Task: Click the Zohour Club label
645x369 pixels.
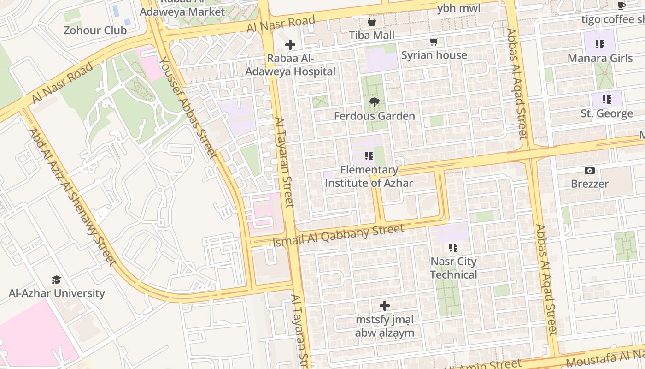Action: [95, 30]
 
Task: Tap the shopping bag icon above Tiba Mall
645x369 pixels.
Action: [371, 22]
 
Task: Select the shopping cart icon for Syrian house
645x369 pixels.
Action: [434, 42]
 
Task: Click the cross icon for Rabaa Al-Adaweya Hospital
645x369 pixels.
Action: [290, 45]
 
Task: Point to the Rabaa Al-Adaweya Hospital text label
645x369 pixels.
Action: [290, 65]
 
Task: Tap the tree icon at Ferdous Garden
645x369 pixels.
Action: [374, 102]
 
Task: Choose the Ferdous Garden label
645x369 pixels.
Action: [374, 116]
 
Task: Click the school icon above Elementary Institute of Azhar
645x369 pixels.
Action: [369, 156]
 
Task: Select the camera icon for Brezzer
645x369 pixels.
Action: [589, 170]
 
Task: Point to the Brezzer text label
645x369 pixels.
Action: [590, 184]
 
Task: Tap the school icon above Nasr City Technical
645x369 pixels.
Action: [453, 248]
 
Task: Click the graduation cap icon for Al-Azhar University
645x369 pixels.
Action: [56, 280]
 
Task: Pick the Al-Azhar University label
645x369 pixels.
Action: [57, 293]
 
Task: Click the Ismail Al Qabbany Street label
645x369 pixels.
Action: [338, 235]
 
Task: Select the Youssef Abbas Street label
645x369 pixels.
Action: [188, 107]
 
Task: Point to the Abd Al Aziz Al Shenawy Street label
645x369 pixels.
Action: [71, 197]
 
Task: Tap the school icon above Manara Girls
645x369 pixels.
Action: [599, 44]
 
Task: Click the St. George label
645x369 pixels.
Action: [606, 113]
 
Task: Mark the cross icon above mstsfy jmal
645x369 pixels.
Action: [384, 305]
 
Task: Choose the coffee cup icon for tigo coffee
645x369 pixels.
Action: [621, 6]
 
